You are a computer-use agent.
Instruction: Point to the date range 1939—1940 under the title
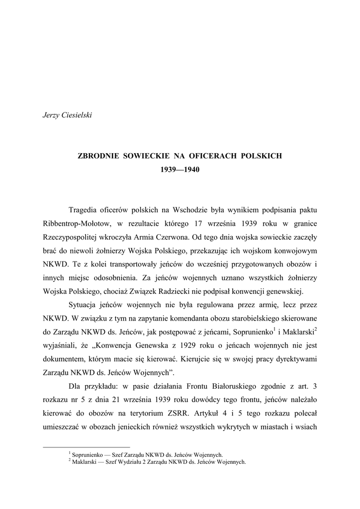coord(180,169)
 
